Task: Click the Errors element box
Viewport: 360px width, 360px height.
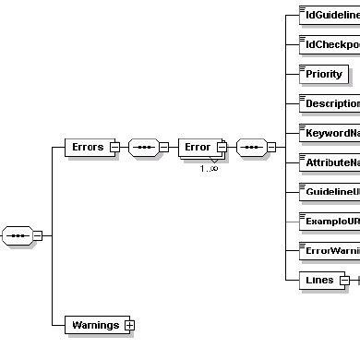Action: [x=87, y=146]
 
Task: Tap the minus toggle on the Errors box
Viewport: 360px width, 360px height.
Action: [x=114, y=146]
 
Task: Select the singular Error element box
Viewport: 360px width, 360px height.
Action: [x=197, y=146]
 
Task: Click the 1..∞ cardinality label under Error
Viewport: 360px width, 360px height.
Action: [x=209, y=167]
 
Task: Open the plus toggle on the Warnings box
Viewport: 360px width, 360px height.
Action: [x=129, y=324]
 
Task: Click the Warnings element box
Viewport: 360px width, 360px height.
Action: [x=94, y=324]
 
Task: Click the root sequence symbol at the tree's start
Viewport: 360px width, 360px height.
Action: [x=18, y=234]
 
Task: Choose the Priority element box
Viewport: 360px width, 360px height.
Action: [x=323, y=74]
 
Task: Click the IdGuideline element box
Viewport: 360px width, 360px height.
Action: [x=330, y=15]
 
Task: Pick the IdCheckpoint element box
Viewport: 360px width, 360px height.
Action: [x=330, y=44]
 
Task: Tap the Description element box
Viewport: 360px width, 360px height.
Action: [x=330, y=103]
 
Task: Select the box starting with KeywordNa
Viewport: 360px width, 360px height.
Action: [x=330, y=133]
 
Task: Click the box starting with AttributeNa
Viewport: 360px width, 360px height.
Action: [x=330, y=162]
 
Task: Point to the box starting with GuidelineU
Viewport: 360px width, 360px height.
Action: [x=330, y=192]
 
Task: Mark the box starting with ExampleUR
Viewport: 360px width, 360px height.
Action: [x=330, y=222]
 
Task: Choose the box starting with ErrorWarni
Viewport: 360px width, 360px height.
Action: [x=330, y=251]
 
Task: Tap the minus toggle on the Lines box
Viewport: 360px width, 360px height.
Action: [x=344, y=280]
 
